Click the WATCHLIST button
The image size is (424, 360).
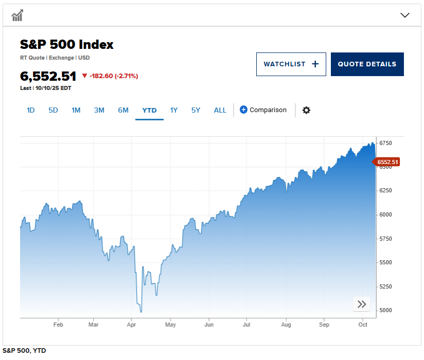(291, 64)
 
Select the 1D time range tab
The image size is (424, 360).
(30, 110)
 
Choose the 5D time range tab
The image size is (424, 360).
(53, 110)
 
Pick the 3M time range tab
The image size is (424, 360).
(99, 110)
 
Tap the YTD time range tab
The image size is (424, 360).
(149, 110)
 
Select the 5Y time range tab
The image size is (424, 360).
(196, 110)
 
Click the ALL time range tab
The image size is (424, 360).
(220, 110)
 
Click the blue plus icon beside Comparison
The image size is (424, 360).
(243, 110)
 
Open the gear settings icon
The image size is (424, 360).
(306, 110)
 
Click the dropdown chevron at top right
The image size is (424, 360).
(405, 15)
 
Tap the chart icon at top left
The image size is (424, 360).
(17, 15)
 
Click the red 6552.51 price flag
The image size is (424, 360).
(387, 162)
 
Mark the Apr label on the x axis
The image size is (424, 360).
(131, 325)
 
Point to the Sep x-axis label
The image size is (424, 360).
(324, 325)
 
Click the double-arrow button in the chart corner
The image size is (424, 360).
(362, 304)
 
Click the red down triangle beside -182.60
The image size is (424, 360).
(85, 76)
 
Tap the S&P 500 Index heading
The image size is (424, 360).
(67, 45)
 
